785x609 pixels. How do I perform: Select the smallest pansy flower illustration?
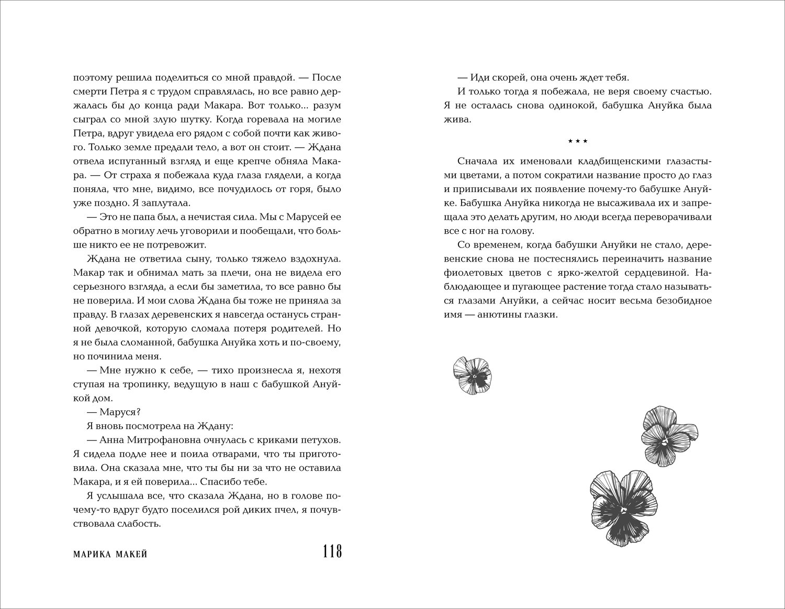pos(473,375)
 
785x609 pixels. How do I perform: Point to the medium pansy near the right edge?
pos(661,434)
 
